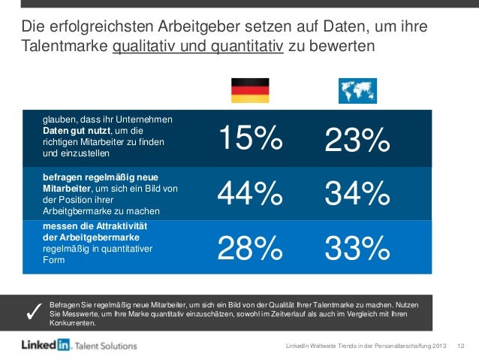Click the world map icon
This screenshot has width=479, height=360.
click(x=357, y=90)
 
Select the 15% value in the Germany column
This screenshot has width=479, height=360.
click(x=249, y=138)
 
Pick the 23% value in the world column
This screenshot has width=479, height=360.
click(x=357, y=141)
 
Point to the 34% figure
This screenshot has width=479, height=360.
click(x=357, y=195)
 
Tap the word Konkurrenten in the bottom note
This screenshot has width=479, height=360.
click(x=72, y=324)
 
